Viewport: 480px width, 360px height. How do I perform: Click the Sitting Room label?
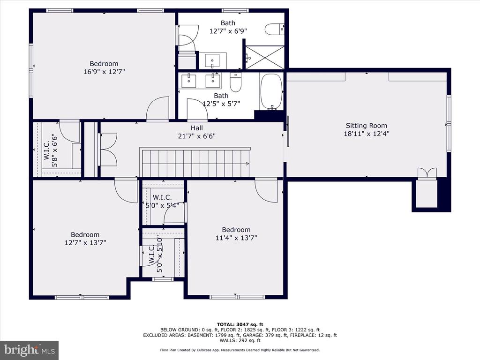pyautogui.click(x=366, y=126)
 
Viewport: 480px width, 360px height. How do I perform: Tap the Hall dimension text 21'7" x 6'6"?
pyautogui.click(x=196, y=136)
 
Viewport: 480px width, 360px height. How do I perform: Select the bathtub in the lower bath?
pyautogui.click(x=271, y=91)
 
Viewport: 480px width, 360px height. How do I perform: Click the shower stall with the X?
pyautogui.click(x=265, y=58)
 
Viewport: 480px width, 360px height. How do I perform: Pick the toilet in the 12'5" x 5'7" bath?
pyautogui.click(x=236, y=82)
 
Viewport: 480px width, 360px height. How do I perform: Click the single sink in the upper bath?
pyautogui.click(x=212, y=61)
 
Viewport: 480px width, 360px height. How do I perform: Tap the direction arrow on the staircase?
pyautogui.click(x=247, y=164)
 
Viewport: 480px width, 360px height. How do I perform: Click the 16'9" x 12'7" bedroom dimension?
pyautogui.click(x=104, y=72)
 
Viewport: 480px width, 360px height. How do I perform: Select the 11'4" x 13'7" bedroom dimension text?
pyautogui.click(x=236, y=238)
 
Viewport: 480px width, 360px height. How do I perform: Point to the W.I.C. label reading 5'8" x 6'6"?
pyautogui.click(x=51, y=150)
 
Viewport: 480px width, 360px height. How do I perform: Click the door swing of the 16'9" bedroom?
pyautogui.click(x=157, y=109)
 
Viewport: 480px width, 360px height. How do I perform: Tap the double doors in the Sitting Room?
pyautogui.click(x=427, y=173)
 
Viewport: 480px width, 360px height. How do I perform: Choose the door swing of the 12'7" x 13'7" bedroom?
pyautogui.click(x=126, y=191)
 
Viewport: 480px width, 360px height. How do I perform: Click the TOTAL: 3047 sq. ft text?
pyautogui.click(x=240, y=324)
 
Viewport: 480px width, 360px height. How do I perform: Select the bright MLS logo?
pyautogui.click(x=30, y=350)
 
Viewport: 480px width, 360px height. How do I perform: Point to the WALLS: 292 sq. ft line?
pyautogui.click(x=240, y=340)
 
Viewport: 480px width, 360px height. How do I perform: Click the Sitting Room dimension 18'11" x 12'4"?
pyautogui.click(x=367, y=134)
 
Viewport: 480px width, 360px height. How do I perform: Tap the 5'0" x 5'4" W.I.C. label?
pyautogui.click(x=162, y=201)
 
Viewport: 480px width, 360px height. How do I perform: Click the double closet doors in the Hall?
pyautogui.click(x=108, y=150)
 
